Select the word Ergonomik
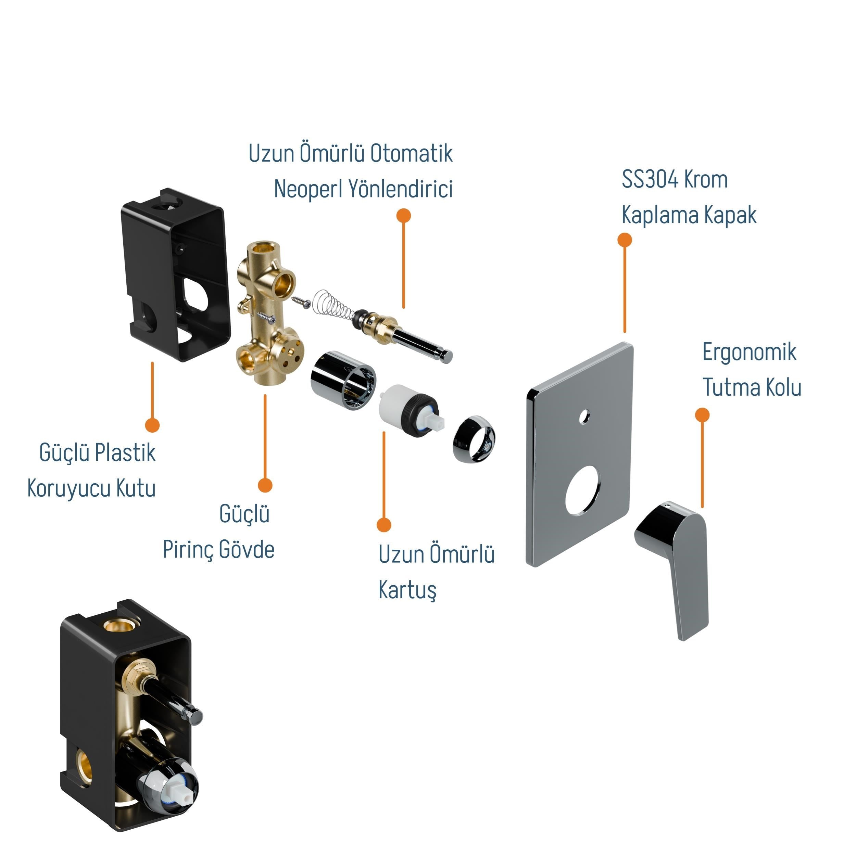[749, 353]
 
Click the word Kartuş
[407, 590]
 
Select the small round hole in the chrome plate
[584, 417]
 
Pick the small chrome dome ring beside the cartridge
[474, 439]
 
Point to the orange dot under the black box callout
[152, 425]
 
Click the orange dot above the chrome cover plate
[625, 240]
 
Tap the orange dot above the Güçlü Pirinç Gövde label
[265, 485]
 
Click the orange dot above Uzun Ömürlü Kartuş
[384, 525]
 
